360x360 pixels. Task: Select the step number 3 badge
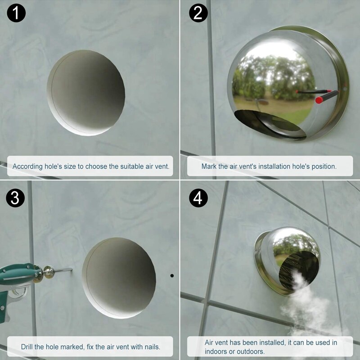pos(16,198)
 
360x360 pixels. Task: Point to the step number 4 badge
pos(198,198)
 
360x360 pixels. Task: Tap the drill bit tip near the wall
pos(71,270)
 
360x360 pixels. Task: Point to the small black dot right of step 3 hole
pos(172,275)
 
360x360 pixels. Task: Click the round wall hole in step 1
pos(85,92)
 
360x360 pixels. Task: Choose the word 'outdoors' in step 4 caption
pos(247,351)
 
